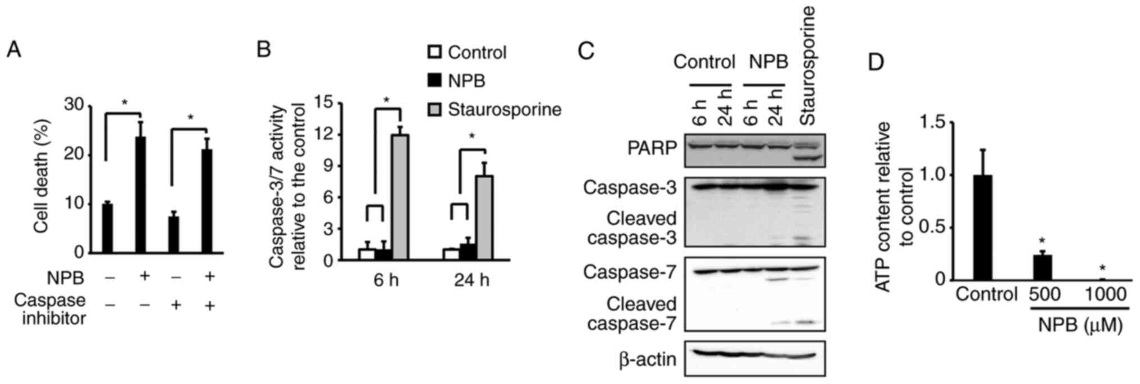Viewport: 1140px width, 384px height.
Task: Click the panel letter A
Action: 13,50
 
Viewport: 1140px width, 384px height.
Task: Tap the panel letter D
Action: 876,62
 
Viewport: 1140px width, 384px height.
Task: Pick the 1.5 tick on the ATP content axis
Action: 932,123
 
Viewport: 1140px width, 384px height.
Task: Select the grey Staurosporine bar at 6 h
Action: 400,197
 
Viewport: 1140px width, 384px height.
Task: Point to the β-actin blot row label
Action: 648,359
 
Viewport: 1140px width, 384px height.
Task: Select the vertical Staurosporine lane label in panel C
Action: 808,66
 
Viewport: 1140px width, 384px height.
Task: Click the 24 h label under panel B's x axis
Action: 471,280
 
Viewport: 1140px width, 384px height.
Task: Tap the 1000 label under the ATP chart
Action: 1103,294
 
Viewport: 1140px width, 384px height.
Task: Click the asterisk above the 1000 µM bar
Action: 1102,269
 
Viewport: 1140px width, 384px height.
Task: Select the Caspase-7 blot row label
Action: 629,272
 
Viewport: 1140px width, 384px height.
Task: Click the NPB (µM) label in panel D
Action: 1079,325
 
